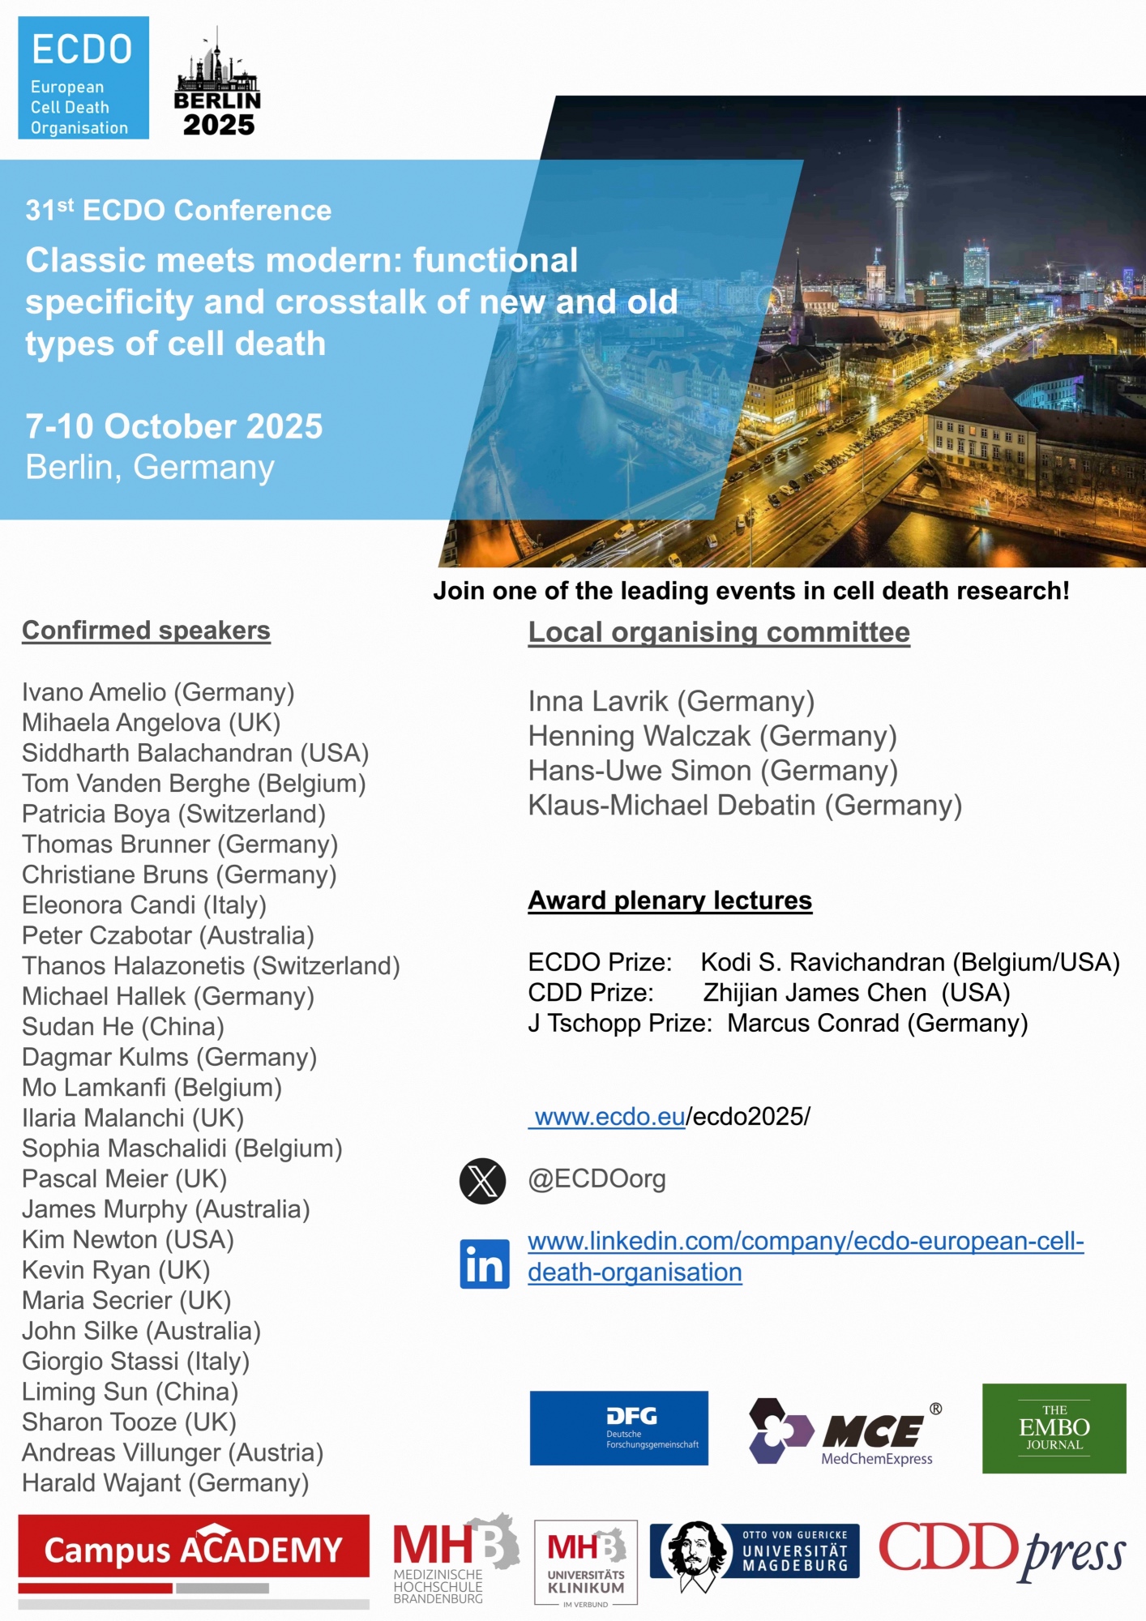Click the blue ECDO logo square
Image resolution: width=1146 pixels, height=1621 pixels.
[x=83, y=78]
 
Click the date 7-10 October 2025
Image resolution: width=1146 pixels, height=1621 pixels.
[x=173, y=426]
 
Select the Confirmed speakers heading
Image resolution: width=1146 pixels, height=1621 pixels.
[x=146, y=631]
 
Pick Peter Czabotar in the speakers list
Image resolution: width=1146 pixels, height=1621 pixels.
[x=107, y=935]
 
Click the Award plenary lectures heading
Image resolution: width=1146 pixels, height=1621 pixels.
[x=669, y=900]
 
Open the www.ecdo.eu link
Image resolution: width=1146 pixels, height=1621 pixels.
[x=609, y=1117]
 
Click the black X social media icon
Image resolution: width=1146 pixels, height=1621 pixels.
[x=482, y=1181]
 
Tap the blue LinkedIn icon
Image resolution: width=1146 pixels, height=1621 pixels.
[x=485, y=1264]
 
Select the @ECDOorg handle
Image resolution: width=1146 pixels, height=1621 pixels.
[x=597, y=1179]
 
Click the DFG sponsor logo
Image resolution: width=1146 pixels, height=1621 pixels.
[x=618, y=1428]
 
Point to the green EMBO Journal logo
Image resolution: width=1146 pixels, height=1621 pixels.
[x=1054, y=1428]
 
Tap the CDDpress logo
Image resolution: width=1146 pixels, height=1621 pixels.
[x=1002, y=1550]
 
